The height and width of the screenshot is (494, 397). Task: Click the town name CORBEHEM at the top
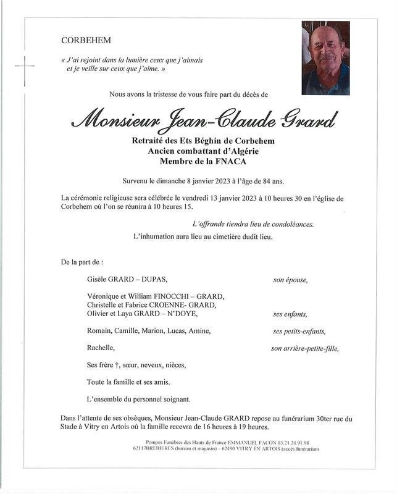tap(86, 41)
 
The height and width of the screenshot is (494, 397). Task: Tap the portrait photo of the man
tap(325, 57)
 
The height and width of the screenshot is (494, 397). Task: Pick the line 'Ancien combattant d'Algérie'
tap(203, 151)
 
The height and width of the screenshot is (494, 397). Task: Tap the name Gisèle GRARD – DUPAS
tap(128, 280)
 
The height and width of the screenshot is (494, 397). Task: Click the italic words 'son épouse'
tap(290, 280)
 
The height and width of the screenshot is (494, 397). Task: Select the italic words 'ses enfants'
tap(291, 314)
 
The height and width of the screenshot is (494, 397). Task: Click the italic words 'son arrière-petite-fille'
tap(305, 348)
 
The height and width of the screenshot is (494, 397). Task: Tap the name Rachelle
tap(101, 348)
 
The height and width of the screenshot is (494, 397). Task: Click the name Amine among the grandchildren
tap(200, 331)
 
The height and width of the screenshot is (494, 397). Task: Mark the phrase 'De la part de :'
tap(82, 262)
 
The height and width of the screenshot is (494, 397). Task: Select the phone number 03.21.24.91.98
tap(287, 442)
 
